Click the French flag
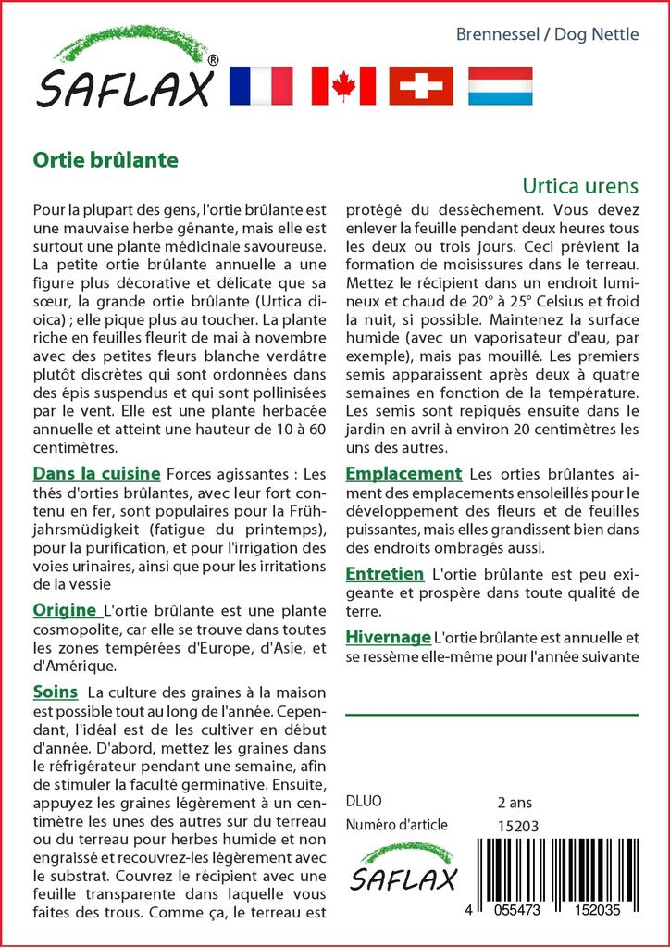[x=260, y=86]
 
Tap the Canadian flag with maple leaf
[x=343, y=86]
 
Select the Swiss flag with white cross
[x=421, y=86]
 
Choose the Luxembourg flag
[x=500, y=86]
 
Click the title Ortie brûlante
[x=105, y=158]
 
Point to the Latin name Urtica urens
[x=580, y=184]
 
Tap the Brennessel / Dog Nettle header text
[x=547, y=35]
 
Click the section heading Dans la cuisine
[x=96, y=474]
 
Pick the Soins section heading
[x=55, y=692]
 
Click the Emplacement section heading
[x=403, y=474]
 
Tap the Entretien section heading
[x=385, y=574]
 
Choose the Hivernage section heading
[x=388, y=637]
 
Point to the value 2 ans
[x=515, y=802]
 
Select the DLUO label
[x=363, y=802]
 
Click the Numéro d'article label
[x=396, y=826]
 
